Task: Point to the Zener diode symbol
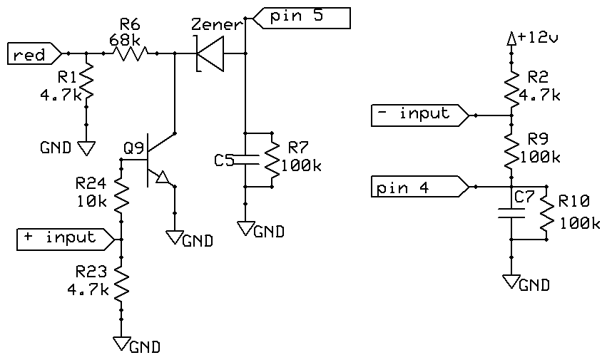click(209, 53)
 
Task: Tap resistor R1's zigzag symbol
click(86, 83)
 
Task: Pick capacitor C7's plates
click(511, 212)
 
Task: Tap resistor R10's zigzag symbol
click(546, 212)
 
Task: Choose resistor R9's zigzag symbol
click(511, 150)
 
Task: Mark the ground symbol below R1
click(87, 148)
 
